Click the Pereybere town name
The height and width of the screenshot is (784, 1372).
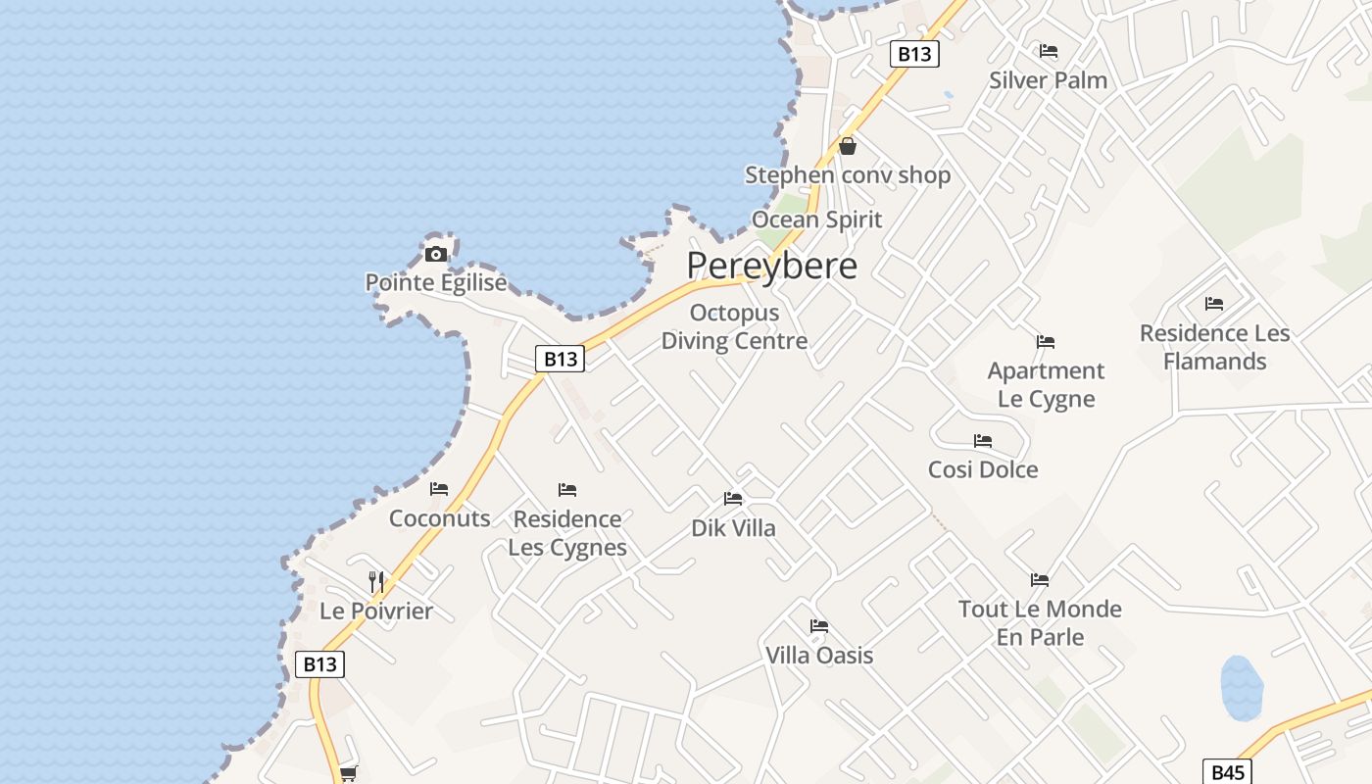[x=771, y=266]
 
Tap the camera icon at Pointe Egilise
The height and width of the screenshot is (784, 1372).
[x=436, y=255]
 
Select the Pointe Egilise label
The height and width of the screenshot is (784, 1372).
[x=436, y=283]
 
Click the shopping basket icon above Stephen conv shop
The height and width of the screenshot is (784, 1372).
[x=848, y=146]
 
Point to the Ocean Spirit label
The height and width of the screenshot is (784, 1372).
[x=816, y=220]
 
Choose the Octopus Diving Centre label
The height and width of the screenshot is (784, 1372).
[x=734, y=326]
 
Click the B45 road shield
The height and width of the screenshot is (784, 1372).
[x=1227, y=772]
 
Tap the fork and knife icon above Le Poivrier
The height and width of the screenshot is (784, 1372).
[x=376, y=581]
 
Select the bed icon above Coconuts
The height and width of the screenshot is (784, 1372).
[x=439, y=488]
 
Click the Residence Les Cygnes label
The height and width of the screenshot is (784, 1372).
[x=567, y=532]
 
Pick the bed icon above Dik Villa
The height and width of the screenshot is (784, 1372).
[x=733, y=499]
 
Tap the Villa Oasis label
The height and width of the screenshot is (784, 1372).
[x=819, y=655]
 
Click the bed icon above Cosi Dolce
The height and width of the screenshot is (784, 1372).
[x=983, y=441]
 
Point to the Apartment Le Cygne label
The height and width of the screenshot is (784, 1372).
[x=1046, y=384]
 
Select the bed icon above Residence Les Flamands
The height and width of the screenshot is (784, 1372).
[x=1214, y=304]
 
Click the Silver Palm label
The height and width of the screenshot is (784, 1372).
[x=1048, y=80]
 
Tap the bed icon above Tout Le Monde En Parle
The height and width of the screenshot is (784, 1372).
[x=1040, y=580]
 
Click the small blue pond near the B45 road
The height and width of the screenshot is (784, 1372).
[x=1241, y=688]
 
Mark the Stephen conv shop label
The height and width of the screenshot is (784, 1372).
[x=848, y=175]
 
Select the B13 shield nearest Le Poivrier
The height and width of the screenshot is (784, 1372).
[x=319, y=664]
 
